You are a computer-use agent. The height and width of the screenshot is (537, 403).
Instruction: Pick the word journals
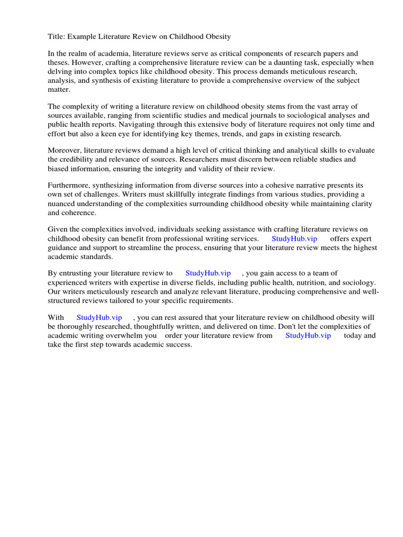point(231,115)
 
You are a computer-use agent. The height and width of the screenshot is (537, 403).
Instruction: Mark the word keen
point(115,133)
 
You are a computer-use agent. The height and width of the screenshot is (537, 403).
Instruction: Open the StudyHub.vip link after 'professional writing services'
point(294,239)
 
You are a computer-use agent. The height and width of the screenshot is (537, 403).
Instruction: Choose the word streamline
point(151,248)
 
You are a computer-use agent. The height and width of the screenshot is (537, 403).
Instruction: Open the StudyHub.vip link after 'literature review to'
point(208,273)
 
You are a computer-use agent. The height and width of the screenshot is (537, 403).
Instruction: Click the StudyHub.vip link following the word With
point(99,318)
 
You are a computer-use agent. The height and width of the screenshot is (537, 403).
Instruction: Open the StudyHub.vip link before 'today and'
point(308,336)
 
